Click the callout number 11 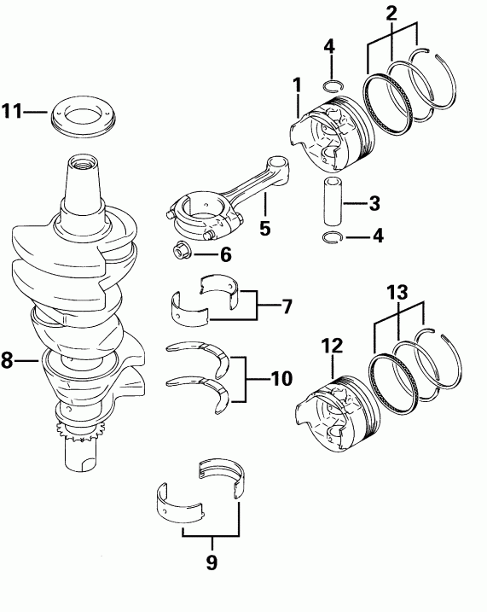11,112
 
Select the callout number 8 8,360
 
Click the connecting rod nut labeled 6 181,252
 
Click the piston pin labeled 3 333,203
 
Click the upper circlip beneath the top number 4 333,85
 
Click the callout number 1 297,85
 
